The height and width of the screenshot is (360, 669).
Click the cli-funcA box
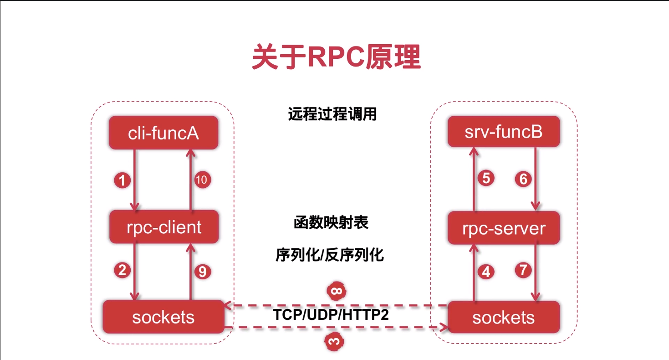[163, 134]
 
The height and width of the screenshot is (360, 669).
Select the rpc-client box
[164, 226]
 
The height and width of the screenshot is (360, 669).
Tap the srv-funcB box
[503, 132]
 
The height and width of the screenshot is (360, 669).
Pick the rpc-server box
[503, 227]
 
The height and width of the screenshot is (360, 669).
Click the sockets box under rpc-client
[163, 317]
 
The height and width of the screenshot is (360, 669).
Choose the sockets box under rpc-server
[503, 317]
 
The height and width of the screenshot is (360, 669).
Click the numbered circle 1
[122, 181]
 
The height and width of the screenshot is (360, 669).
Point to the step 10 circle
[201, 180]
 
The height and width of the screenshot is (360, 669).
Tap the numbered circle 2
[122, 270]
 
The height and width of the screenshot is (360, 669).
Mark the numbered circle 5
[486, 178]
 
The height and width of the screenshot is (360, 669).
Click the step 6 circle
[523, 180]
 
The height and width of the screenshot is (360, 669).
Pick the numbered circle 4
[486, 272]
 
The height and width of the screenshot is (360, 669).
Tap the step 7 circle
[523, 270]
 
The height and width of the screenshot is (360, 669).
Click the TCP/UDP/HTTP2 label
[331, 314]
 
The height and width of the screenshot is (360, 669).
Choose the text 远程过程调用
[332, 113]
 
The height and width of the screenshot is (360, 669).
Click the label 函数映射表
[331, 223]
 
